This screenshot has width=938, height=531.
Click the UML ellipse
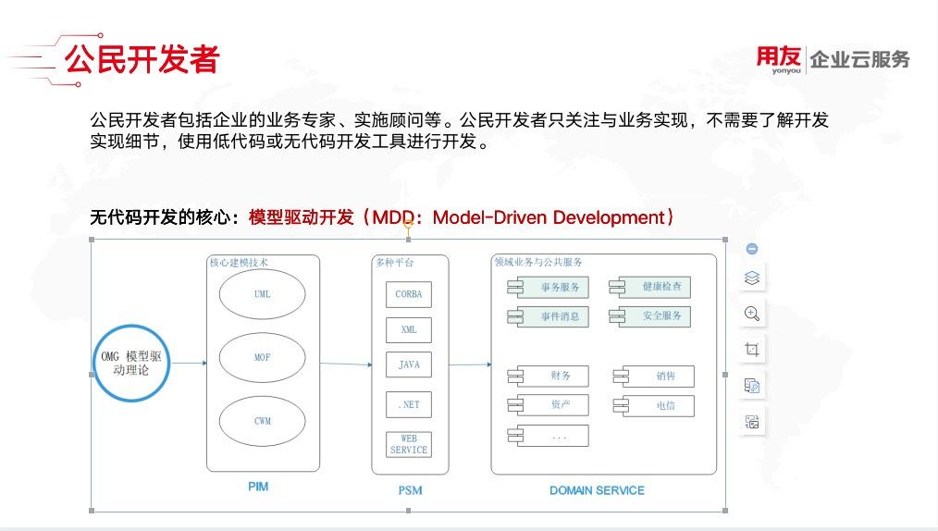(x=263, y=295)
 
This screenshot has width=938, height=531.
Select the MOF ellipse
(x=263, y=358)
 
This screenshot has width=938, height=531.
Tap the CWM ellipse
(x=263, y=421)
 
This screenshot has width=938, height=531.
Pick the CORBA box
(x=409, y=294)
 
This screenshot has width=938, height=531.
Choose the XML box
(x=409, y=330)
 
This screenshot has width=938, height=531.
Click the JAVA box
(x=409, y=365)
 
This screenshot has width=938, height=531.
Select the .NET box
(x=409, y=405)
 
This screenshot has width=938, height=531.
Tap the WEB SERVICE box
(x=409, y=444)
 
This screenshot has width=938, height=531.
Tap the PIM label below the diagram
(x=258, y=487)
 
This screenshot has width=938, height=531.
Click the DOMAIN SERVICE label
(x=597, y=490)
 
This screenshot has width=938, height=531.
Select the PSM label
(x=410, y=490)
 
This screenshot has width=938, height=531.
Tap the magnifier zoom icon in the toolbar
(x=752, y=314)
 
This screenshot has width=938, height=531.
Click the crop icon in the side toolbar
(x=752, y=350)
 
